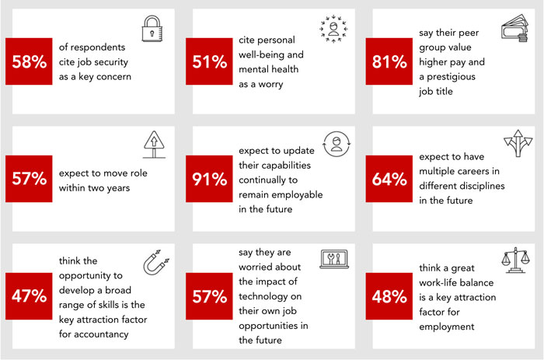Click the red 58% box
30,61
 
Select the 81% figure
390,61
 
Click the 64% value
390,178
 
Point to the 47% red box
30,295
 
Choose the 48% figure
390,295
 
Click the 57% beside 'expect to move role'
30,178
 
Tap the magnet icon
152,264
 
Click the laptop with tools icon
332,261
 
